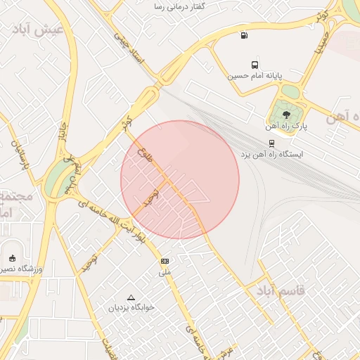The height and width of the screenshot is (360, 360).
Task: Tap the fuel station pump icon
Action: pos(244,36)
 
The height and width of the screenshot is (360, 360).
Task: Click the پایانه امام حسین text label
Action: pos(255,75)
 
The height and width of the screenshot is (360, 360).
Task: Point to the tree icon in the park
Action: pos(285,115)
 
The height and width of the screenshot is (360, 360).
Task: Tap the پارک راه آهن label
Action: pos(287,127)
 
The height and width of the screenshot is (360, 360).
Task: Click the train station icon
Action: pos(272,141)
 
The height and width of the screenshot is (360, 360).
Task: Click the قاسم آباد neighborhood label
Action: pos(281,290)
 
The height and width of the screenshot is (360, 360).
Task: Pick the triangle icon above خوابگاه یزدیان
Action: pos(129,297)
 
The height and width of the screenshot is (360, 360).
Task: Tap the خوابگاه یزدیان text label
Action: pos(129,307)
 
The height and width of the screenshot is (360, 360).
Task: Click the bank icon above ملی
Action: pos(165,260)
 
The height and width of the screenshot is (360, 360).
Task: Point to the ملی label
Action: pos(165,271)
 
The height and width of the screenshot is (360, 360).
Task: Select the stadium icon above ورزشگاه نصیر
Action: pos(12,257)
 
